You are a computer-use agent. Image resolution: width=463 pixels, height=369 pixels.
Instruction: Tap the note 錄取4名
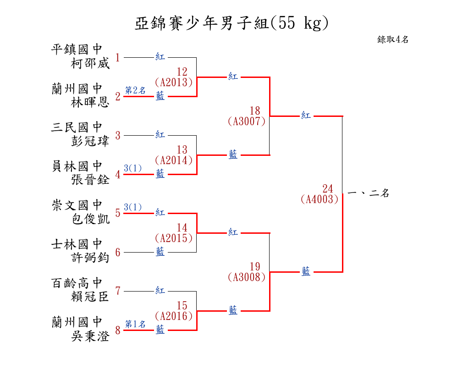coord(393,40)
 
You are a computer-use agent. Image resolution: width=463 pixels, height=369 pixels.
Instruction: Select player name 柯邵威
coord(90,64)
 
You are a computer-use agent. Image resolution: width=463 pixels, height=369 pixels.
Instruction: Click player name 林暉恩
coord(90,103)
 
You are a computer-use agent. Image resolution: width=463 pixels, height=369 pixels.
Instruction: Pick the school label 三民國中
coord(77,127)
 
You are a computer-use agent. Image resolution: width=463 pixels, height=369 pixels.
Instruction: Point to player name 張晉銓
coord(90,180)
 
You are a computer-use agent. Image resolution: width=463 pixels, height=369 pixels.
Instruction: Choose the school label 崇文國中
coord(77,205)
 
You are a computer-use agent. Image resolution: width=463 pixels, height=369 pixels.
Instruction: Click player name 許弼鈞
coord(90,258)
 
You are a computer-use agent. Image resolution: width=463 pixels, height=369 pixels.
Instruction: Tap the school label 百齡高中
coord(77,283)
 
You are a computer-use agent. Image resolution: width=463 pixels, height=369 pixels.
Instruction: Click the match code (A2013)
coord(173,83)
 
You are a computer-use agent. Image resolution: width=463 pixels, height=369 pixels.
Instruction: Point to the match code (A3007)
coord(246,121)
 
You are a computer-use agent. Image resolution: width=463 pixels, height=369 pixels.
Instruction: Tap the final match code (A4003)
coord(320,199)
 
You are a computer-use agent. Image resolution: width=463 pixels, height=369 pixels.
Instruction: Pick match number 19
coord(255,267)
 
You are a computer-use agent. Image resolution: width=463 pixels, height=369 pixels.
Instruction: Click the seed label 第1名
coord(135,325)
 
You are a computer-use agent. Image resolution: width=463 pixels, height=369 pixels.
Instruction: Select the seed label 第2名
coord(135,91)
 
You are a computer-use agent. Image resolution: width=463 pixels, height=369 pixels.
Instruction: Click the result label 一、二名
coord(369,193)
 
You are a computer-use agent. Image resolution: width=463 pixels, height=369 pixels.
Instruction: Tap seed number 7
coord(118,291)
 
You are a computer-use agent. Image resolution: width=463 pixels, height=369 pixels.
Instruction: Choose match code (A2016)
coord(173,316)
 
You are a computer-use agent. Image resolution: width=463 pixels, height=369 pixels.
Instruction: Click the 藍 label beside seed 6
coord(160,252)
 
